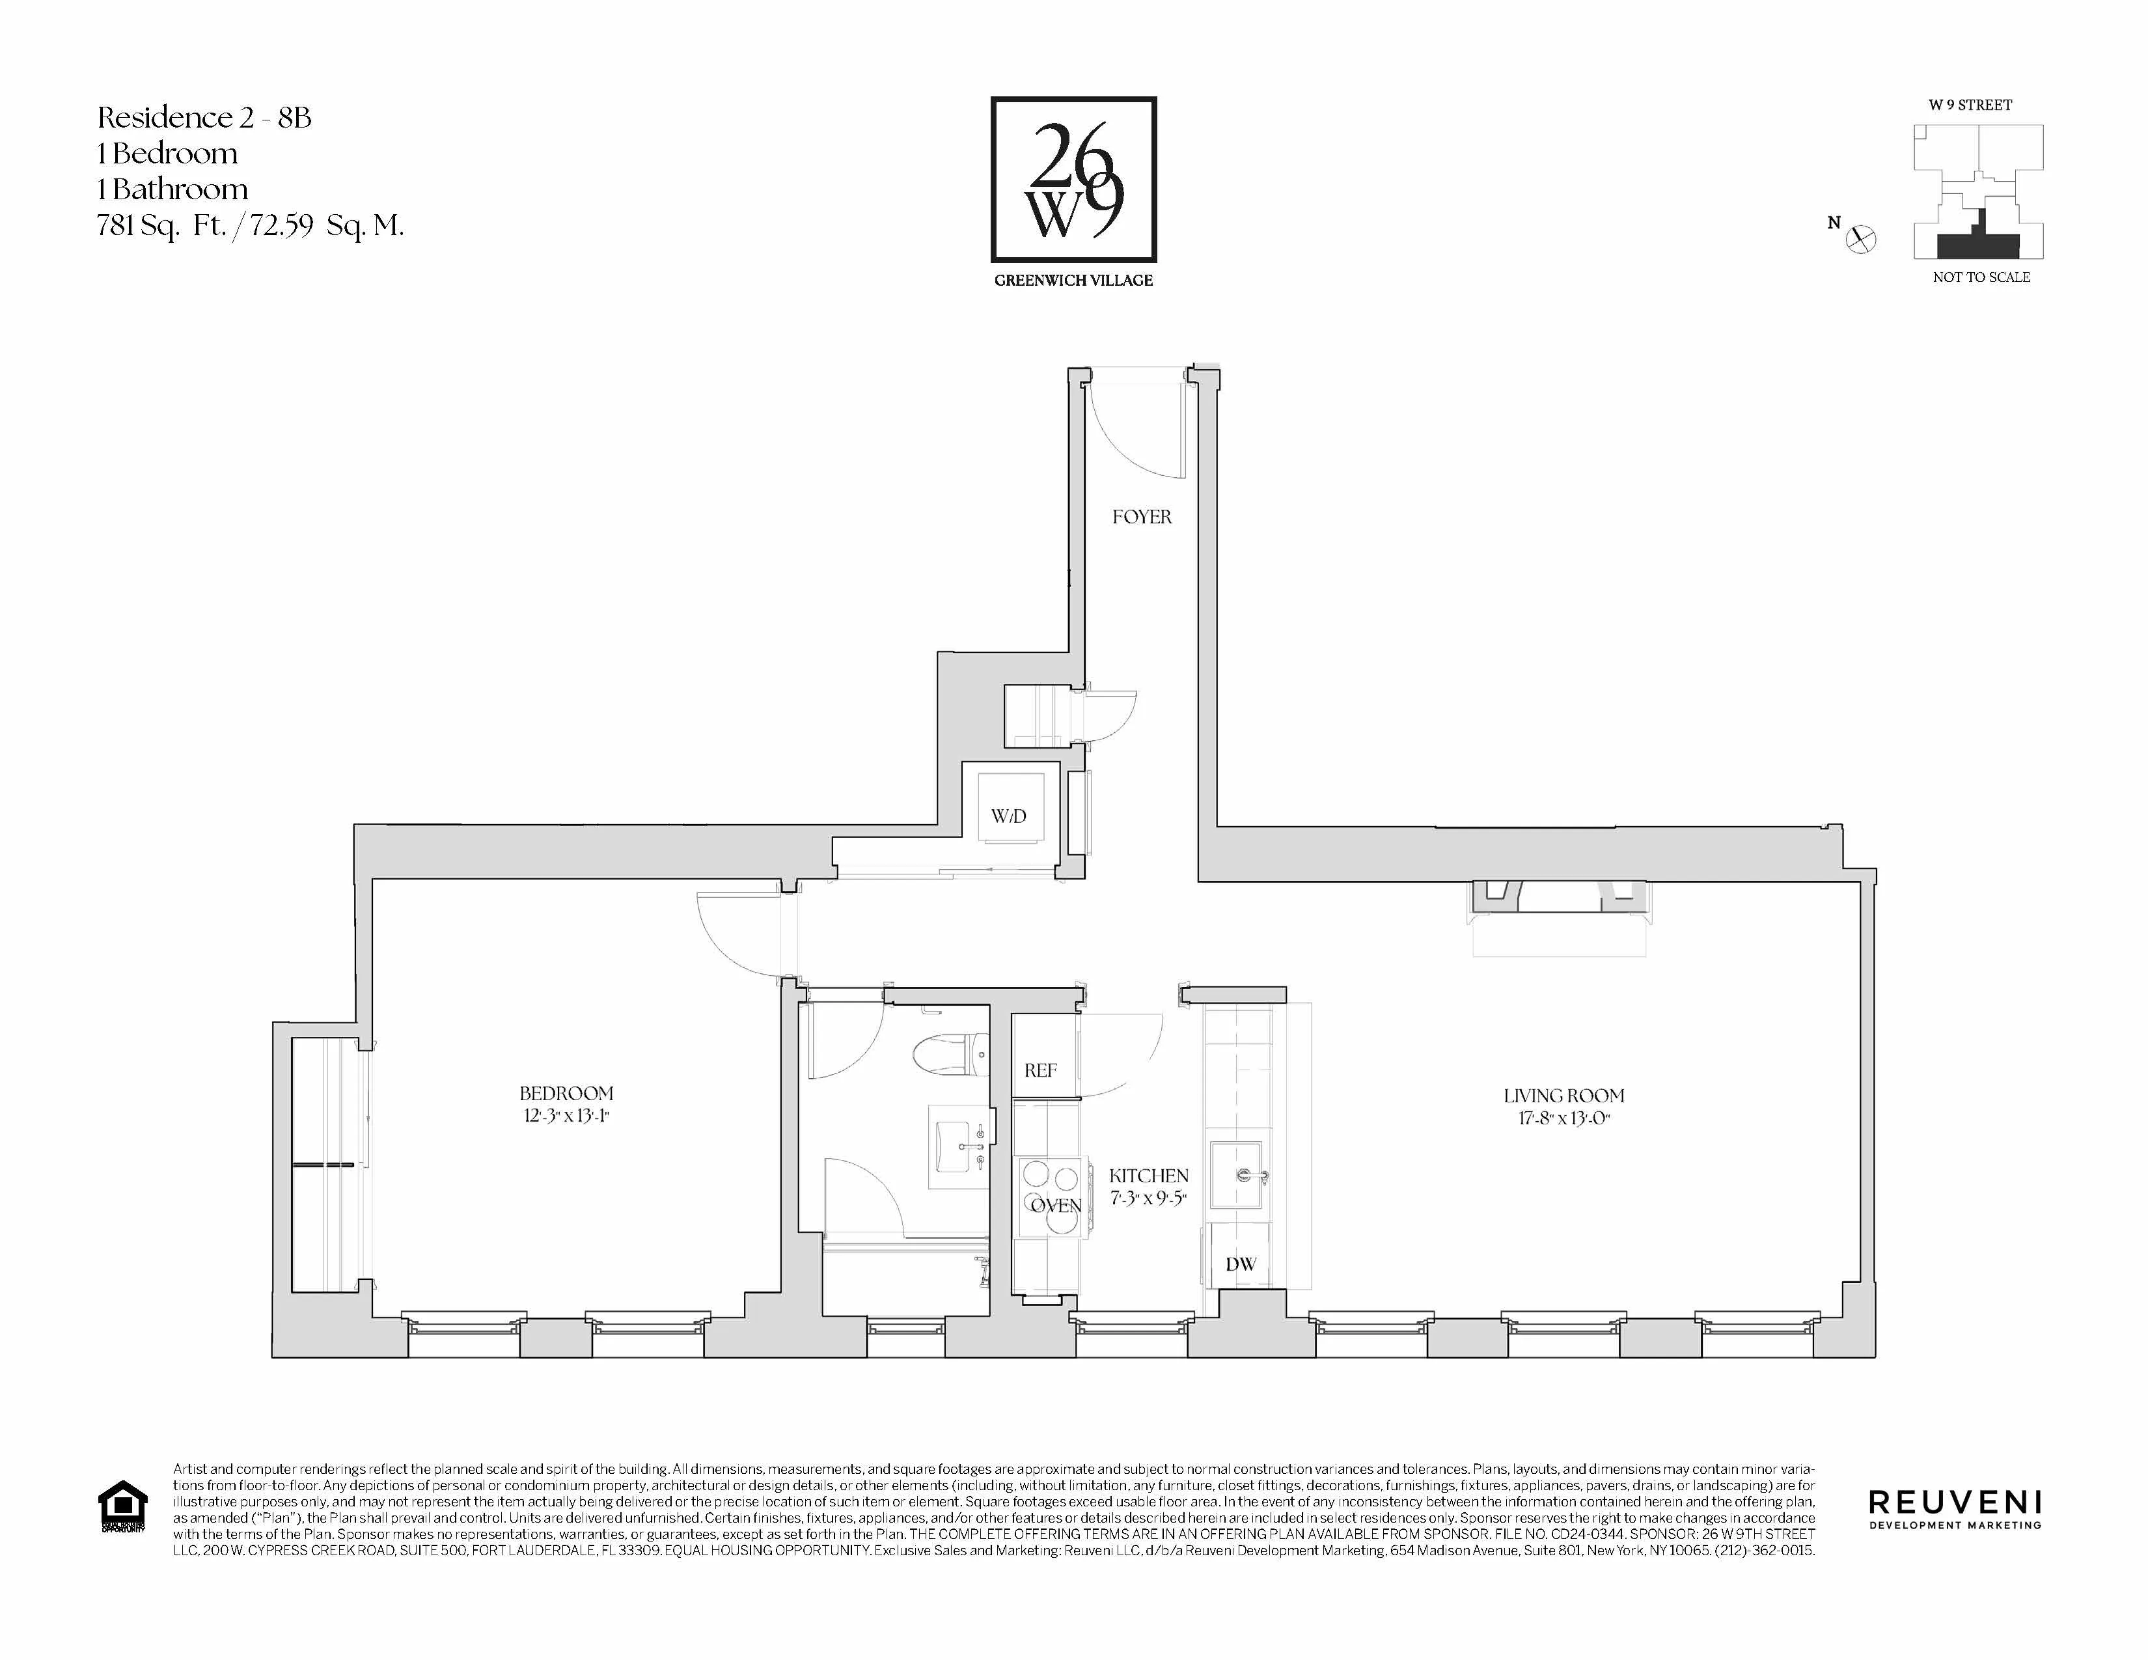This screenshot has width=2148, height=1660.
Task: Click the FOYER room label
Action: pyautogui.click(x=1141, y=516)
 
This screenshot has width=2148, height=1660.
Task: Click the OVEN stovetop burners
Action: pyautogui.click(x=1053, y=1198)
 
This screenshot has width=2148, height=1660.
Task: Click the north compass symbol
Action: pyautogui.click(x=1861, y=239)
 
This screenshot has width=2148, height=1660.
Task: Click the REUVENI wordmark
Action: pyautogui.click(x=1954, y=1502)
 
